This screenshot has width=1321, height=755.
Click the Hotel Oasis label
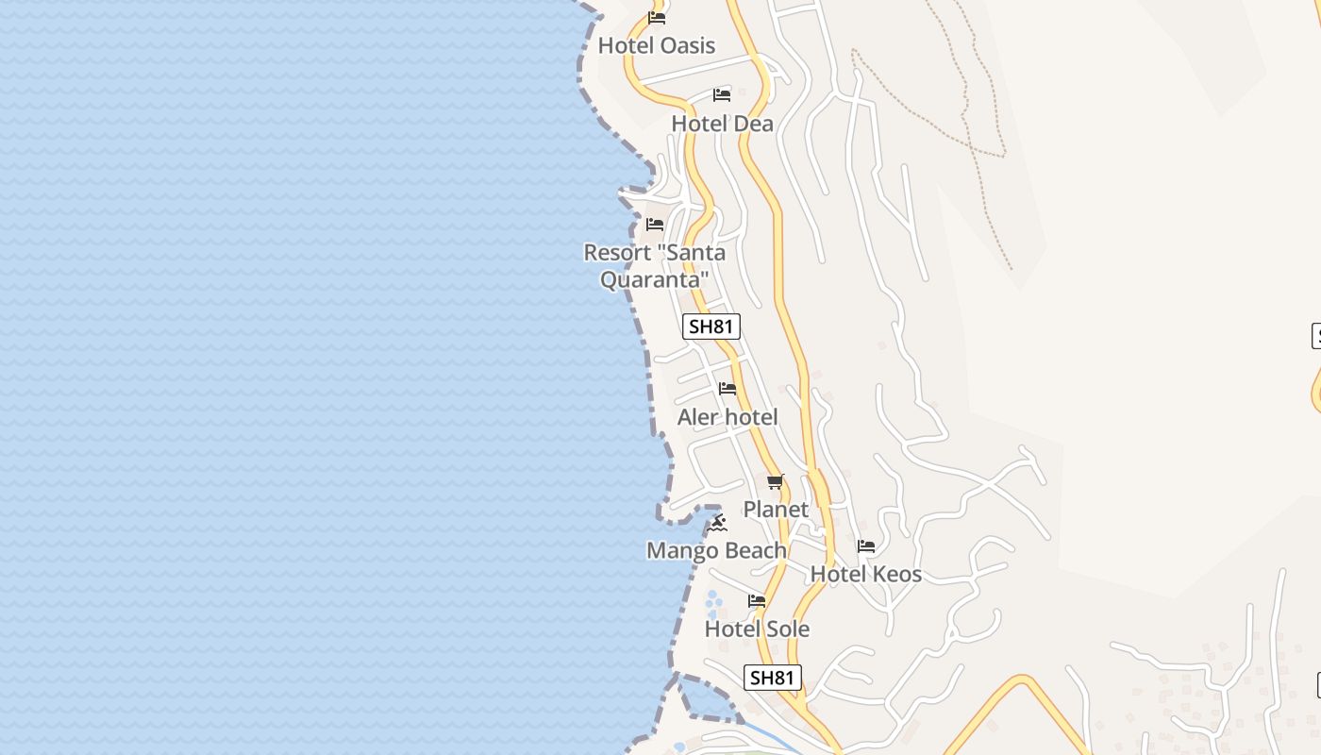[657, 45]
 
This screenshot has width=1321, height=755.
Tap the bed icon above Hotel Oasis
[657, 18]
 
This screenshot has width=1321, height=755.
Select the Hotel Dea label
[722, 124]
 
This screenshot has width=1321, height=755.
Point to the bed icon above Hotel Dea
[722, 95]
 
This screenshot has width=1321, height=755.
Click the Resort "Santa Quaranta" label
[654, 266]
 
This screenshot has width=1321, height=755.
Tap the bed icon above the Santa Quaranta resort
[655, 225]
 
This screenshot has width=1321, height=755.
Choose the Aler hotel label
[727, 417]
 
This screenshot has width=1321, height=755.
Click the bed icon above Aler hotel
[727, 389]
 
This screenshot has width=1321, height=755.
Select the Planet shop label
[776, 510]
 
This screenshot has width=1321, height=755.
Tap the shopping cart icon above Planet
[776, 482]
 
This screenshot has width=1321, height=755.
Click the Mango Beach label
[716, 550]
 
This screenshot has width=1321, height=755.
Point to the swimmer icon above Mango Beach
[718, 523]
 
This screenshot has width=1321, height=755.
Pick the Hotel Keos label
[866, 574]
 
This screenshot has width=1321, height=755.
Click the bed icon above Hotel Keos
[866, 546]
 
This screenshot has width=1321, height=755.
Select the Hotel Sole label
[757, 629]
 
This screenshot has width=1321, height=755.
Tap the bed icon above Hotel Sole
[757, 601]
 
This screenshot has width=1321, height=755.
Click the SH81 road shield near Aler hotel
[711, 327]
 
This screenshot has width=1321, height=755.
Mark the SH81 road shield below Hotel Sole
[773, 678]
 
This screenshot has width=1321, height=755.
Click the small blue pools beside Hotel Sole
[713, 601]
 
